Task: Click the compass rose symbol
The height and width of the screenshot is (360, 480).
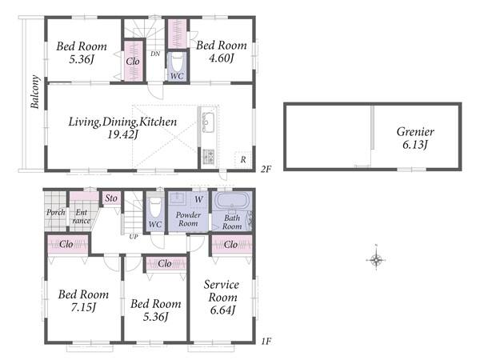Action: coord(376,260)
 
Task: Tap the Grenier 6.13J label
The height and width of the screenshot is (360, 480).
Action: coord(415,138)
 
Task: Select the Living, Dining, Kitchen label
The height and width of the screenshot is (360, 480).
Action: coord(122,122)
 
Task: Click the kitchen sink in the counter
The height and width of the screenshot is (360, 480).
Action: coord(208,122)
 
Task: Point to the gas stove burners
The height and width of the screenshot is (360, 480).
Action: coord(209,155)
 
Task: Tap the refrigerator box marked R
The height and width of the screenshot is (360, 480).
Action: coord(242,159)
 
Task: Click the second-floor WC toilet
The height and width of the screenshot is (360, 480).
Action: coord(177,62)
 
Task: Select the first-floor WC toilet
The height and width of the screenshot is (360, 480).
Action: coord(155,206)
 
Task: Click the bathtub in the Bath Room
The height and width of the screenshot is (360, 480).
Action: coord(232,201)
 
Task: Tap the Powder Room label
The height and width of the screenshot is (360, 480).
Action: coord(188,219)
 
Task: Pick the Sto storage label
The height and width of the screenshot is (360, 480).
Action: coord(111,198)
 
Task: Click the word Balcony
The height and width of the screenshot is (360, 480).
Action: coord(35,92)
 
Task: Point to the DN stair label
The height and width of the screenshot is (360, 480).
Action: coord(155,54)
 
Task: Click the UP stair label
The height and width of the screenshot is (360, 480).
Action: coord(134,237)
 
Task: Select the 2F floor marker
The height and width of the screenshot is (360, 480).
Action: coord(266,169)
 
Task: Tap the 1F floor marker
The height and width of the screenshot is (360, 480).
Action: coord(266,341)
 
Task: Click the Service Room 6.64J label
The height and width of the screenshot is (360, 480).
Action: coord(222,298)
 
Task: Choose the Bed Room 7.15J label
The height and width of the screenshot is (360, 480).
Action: coord(83,301)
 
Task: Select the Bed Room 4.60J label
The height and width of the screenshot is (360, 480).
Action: coord(222,51)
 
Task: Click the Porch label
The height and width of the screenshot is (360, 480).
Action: coord(56,212)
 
